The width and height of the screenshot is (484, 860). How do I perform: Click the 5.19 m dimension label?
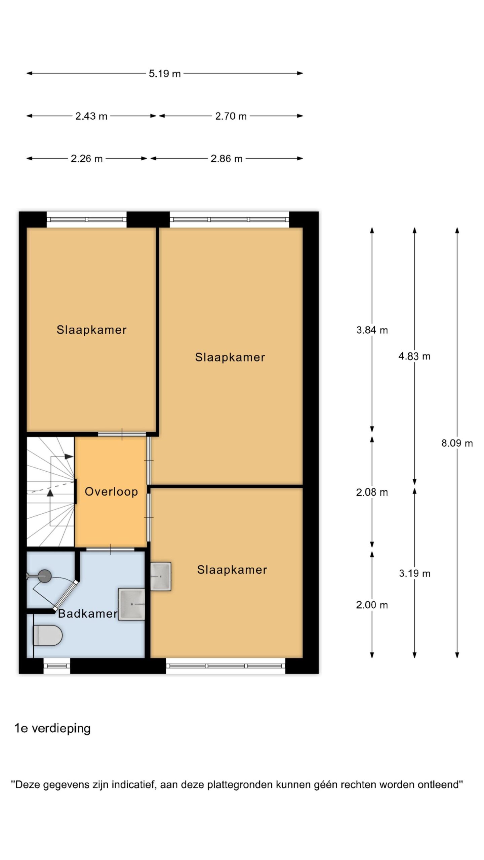click(x=165, y=74)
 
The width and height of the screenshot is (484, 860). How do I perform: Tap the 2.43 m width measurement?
click(x=91, y=116)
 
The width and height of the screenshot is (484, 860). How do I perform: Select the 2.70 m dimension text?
click(x=231, y=116)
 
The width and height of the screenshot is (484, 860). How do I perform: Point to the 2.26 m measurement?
click(x=87, y=159)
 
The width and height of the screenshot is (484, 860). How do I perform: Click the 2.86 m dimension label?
click(x=227, y=159)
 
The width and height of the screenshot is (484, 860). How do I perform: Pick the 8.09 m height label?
click(x=457, y=443)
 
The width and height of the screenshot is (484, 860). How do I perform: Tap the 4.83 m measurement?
click(x=414, y=356)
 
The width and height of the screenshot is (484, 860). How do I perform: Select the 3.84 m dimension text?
click(x=372, y=330)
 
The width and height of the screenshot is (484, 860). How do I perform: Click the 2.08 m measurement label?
click(x=372, y=492)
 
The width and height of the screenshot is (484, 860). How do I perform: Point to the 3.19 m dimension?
click(x=414, y=573)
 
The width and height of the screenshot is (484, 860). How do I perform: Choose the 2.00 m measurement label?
click(x=372, y=605)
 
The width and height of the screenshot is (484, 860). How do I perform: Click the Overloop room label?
click(x=111, y=492)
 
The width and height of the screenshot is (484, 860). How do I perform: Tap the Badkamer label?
click(x=88, y=614)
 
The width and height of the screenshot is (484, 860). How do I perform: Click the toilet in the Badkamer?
click(x=48, y=636)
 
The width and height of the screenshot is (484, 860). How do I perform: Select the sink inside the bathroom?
click(x=131, y=604)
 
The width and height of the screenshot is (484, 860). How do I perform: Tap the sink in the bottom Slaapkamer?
click(x=161, y=576)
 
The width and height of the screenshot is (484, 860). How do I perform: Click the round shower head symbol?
click(x=44, y=576)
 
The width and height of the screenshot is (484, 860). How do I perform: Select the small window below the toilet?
click(x=57, y=666)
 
